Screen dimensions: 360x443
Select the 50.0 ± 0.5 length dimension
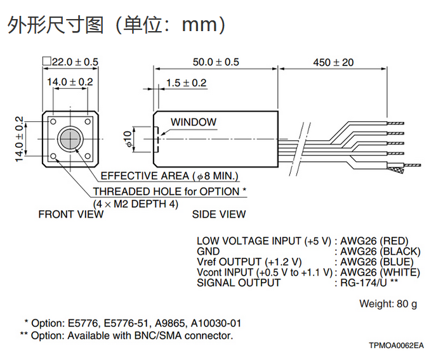click(216, 62)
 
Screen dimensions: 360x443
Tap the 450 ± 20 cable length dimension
click(334, 62)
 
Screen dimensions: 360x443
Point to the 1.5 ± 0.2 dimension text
click(186, 83)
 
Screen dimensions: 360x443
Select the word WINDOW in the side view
click(193, 122)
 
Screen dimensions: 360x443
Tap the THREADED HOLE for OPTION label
click(169, 191)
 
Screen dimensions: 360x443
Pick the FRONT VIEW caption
click(70, 214)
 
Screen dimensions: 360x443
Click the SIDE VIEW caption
click(218, 214)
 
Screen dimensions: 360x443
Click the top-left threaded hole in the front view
click(54, 121)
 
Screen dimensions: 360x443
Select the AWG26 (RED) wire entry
click(373, 241)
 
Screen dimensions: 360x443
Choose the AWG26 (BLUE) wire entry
click(376, 262)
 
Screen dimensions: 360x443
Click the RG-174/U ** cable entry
click(369, 282)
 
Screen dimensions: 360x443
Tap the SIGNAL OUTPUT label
click(238, 282)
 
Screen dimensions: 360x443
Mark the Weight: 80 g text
click(388, 303)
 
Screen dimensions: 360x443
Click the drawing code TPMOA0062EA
click(396, 345)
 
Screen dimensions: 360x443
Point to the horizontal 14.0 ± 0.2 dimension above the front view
click(70, 82)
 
